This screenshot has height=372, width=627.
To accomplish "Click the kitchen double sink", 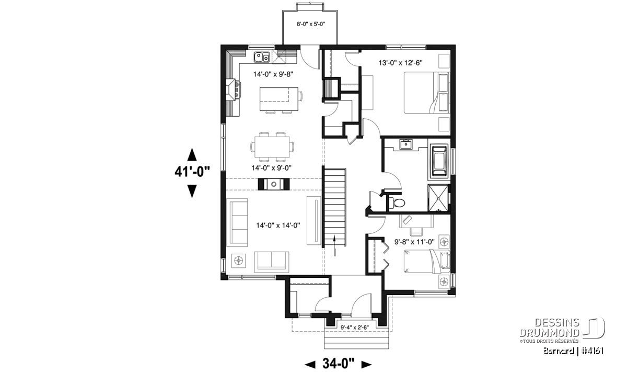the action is coord(261,57).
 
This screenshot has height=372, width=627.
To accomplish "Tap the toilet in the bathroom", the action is coord(397,202).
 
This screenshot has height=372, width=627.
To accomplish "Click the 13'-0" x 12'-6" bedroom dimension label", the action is coord(400,63).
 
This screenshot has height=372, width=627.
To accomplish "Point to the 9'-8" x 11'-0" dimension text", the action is coord(414,242).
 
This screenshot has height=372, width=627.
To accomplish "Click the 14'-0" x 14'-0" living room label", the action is coord(278,225).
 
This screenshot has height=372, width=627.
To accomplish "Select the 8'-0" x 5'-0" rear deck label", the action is coord(311,24).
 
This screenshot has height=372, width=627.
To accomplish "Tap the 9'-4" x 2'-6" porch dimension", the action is coord(355,327).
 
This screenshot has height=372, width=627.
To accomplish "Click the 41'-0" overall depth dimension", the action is coord(192,172).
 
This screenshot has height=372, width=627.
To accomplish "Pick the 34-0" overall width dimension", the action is coord(338,364).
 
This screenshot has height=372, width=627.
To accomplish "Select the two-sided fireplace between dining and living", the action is coord(274,184).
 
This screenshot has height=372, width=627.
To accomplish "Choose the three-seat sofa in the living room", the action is coord(237,222).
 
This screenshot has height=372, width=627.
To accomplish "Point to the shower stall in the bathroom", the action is coord(438,198).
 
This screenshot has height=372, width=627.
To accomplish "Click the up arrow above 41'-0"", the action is coord(192,154).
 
